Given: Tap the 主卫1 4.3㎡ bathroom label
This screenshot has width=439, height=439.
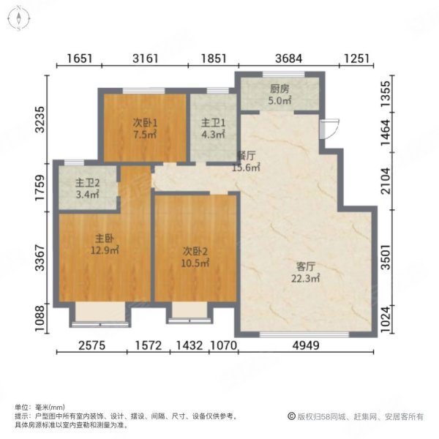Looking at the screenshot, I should click(x=212, y=127).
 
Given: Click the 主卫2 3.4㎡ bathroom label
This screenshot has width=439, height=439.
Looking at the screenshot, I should click(x=86, y=189).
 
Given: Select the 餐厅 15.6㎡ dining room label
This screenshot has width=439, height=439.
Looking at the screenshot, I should click(x=245, y=162).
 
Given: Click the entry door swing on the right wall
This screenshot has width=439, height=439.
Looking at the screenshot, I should click(x=329, y=127).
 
